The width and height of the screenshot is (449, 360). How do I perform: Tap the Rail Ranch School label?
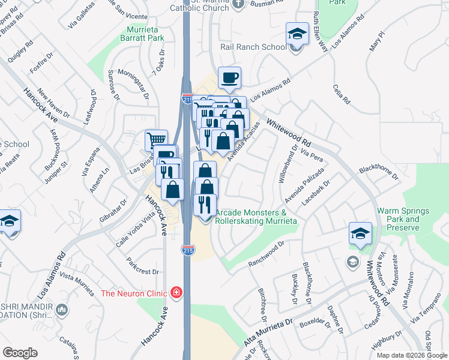click(253, 47)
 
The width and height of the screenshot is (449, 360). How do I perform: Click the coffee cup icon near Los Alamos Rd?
click(230, 77)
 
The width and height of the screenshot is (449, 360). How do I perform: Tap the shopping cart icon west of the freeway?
click(156, 140)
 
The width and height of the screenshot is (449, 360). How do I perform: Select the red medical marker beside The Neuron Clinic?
click(176, 293)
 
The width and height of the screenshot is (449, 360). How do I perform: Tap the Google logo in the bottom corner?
click(20, 352)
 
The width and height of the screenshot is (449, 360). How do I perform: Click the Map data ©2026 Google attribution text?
click(412, 355)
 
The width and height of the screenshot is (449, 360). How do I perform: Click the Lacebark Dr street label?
click(316, 194)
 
